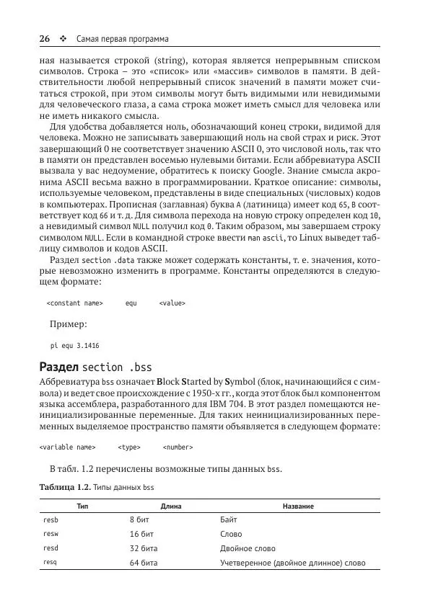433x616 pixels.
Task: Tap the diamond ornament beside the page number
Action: [63, 38]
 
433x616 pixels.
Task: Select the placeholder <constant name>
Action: [74, 303]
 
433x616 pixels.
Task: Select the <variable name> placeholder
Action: [67, 447]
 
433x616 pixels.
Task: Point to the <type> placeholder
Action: [129, 447]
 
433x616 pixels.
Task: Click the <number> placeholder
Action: [178, 447]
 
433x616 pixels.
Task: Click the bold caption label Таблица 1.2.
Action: [64, 488]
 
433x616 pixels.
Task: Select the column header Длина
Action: [171, 506]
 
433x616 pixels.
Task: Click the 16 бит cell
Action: [143, 534]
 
